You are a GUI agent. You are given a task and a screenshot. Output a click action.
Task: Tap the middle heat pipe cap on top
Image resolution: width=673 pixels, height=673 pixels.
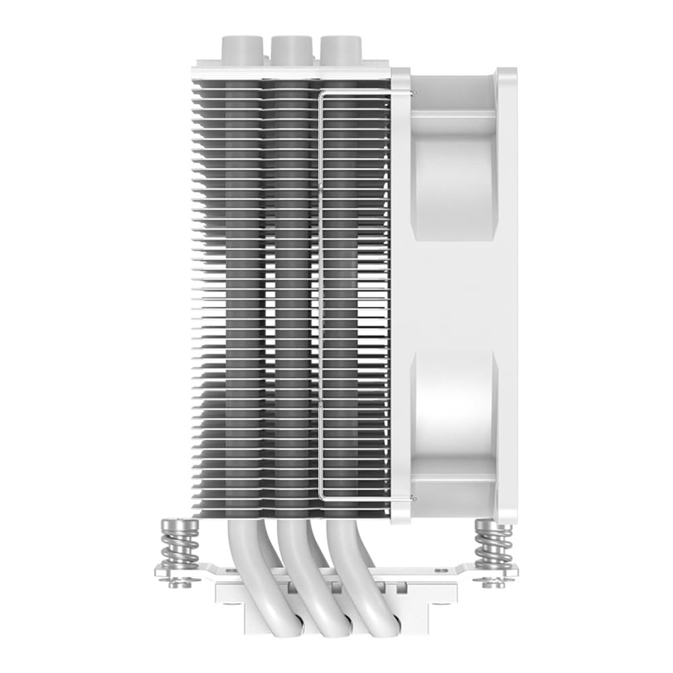point(292,48)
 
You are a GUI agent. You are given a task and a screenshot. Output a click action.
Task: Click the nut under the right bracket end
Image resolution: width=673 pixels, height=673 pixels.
point(494,583)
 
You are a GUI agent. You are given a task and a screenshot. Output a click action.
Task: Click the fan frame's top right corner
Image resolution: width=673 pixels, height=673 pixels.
point(516,70)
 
